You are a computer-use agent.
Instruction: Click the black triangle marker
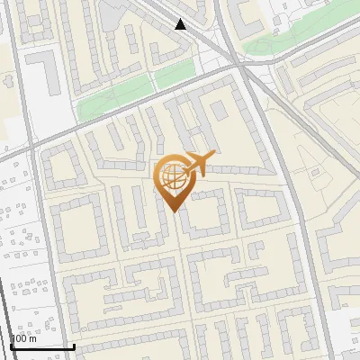point(181,24)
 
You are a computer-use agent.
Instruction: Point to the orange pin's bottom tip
point(173,210)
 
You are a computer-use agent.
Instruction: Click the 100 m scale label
point(23,338)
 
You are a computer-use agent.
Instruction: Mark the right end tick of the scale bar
point(74,345)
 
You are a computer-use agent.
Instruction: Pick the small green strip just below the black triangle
point(176,77)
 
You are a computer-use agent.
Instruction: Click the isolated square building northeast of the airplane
point(219,111)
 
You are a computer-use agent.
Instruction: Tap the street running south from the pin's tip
point(180,270)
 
